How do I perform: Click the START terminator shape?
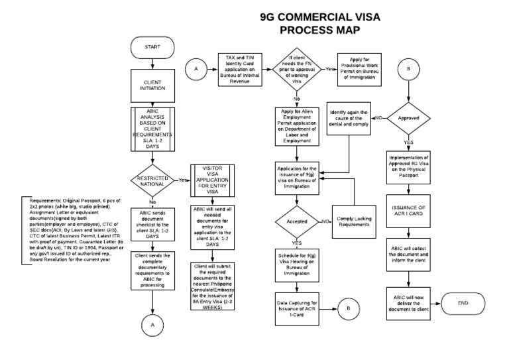coord(152,48)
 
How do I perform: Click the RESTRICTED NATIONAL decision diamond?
coord(152,179)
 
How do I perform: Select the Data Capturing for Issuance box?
coord(297,308)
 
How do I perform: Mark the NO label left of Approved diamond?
coord(379,118)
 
